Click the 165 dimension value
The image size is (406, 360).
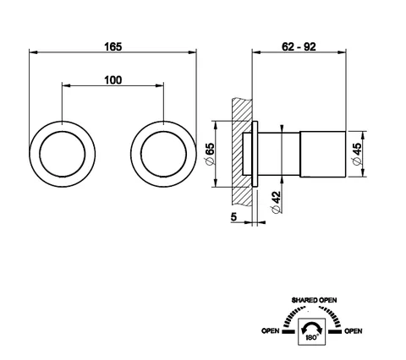(113, 46)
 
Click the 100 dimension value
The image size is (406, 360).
(113, 80)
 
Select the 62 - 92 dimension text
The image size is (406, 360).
(299, 46)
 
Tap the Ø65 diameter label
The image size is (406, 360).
(211, 154)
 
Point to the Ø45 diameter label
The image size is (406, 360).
(356, 154)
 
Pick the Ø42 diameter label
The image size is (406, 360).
(277, 202)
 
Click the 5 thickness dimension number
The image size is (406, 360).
(233, 217)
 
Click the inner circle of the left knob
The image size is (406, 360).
(63, 132)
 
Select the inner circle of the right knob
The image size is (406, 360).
(163, 132)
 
